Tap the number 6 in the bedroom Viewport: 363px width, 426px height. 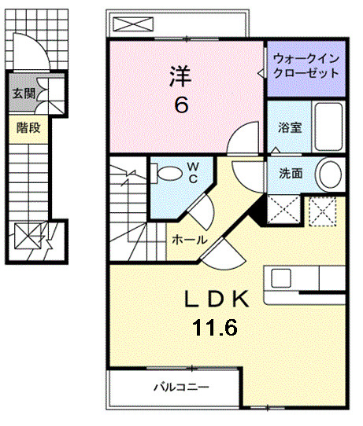tap(182, 105)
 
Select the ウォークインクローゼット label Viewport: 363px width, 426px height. tap(306, 65)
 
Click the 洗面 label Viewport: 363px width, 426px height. tap(289, 174)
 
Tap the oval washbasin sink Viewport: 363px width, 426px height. tap(329, 174)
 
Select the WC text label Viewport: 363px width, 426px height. tap(191, 172)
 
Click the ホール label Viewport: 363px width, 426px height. tap(190, 240)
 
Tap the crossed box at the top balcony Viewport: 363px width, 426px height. tap(128, 23)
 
